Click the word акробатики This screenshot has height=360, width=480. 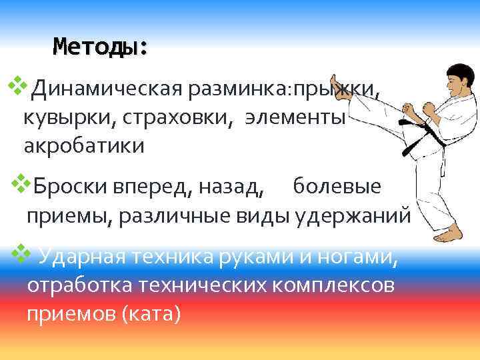tap(84, 145)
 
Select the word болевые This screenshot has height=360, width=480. tap(337, 187)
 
